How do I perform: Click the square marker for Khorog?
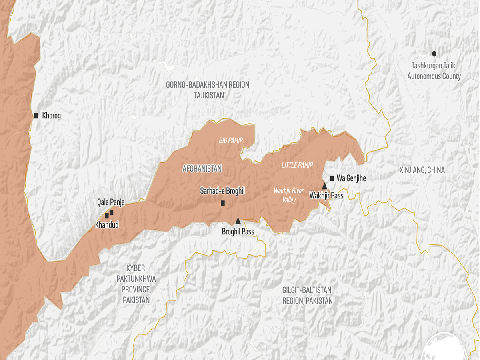36,116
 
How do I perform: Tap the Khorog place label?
51,116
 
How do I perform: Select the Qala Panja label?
111,202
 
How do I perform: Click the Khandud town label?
107,225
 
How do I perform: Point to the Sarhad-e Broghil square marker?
223,203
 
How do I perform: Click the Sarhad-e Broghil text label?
222,192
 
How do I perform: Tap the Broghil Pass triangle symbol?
238,220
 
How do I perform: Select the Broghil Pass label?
238,232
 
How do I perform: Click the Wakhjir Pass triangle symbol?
325,186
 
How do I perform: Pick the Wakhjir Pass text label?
326,196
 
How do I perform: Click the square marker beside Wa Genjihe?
332,178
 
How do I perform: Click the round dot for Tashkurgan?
434,53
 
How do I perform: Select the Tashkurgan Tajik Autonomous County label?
434,71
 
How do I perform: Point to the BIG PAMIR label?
231,141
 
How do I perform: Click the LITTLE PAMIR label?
297,165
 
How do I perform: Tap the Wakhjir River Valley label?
288,195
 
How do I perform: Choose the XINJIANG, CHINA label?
422,170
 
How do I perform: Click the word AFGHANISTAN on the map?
202,169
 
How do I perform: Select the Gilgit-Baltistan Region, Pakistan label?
307,296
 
